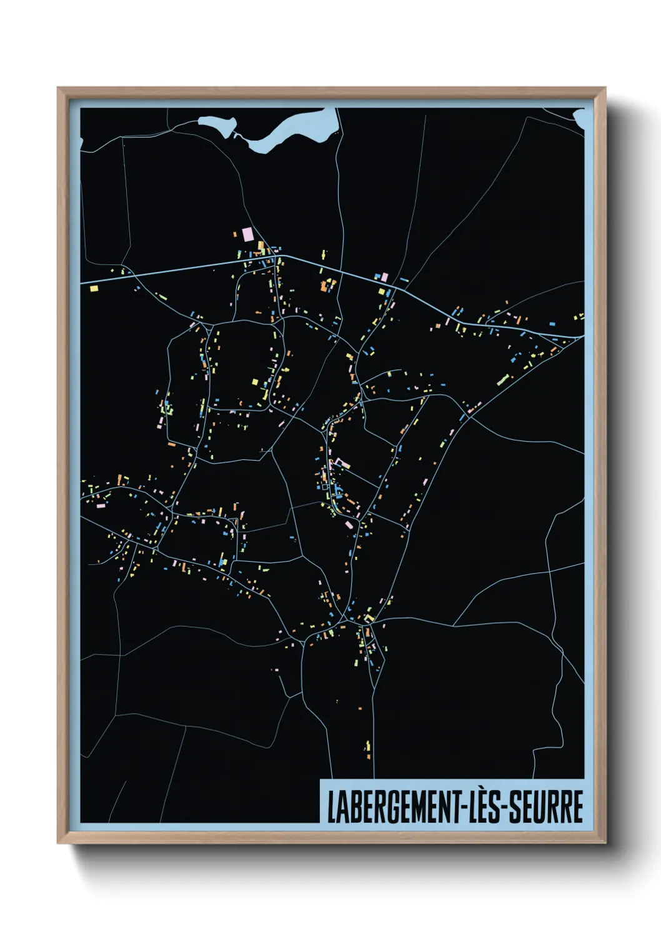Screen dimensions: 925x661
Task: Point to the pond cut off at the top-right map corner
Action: click(580, 116)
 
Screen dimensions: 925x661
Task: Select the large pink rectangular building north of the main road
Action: click(247, 234)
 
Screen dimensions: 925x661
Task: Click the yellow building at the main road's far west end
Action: click(94, 289)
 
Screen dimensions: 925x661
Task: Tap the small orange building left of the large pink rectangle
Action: click(236, 234)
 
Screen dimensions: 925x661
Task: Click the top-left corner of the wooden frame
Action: click(58, 88)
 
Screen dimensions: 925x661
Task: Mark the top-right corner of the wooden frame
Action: click(605, 88)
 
